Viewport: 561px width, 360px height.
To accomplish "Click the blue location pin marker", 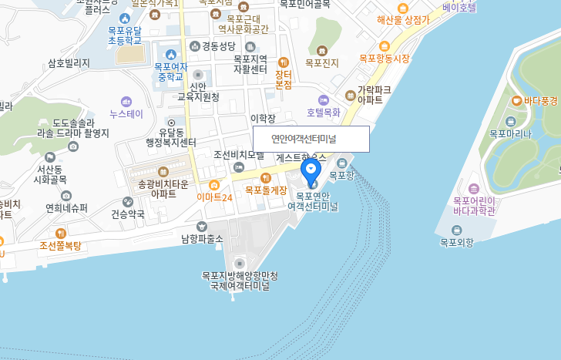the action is (x=311, y=169).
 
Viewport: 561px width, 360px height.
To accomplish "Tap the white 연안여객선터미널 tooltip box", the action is (x=311, y=140).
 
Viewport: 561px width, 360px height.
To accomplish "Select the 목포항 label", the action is (x=342, y=175).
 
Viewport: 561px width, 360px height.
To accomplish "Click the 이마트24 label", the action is (x=214, y=197).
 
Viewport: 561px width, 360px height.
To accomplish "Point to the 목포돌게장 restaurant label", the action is (x=266, y=189).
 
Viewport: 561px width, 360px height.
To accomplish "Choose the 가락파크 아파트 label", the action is (x=375, y=95).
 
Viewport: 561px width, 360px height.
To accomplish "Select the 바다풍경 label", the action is (x=540, y=101).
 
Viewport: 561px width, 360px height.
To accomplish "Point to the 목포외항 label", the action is (x=457, y=242).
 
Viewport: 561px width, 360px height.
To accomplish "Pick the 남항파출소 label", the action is (x=202, y=238).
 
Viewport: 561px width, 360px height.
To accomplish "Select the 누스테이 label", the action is (x=127, y=113).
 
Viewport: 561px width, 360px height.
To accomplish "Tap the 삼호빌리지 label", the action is (x=69, y=63).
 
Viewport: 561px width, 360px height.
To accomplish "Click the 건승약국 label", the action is (x=128, y=214).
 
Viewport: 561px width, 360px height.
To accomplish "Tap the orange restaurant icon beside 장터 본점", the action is (x=284, y=62).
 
